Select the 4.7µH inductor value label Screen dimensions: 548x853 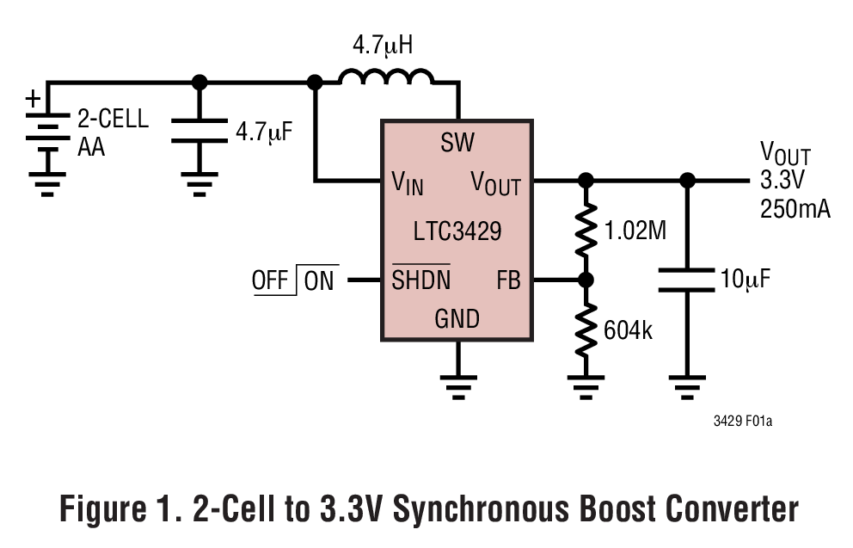tap(383, 45)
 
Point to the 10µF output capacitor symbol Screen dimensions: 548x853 tap(686, 280)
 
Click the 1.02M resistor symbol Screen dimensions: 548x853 tap(586, 230)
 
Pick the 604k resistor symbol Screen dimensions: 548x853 tap(586, 329)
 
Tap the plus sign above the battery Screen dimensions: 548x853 tap(33, 99)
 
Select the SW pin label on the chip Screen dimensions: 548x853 tap(457, 143)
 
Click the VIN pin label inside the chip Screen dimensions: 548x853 tap(407, 182)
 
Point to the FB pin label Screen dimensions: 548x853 tap(508, 280)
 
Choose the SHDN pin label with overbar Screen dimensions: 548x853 tap(420, 280)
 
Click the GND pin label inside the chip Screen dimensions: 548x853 tap(457, 319)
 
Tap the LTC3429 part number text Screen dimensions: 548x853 tap(457, 231)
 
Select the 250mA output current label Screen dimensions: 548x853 tap(795, 209)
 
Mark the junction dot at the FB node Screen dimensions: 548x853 tap(586, 280)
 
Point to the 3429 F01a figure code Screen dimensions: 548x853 tap(741, 422)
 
